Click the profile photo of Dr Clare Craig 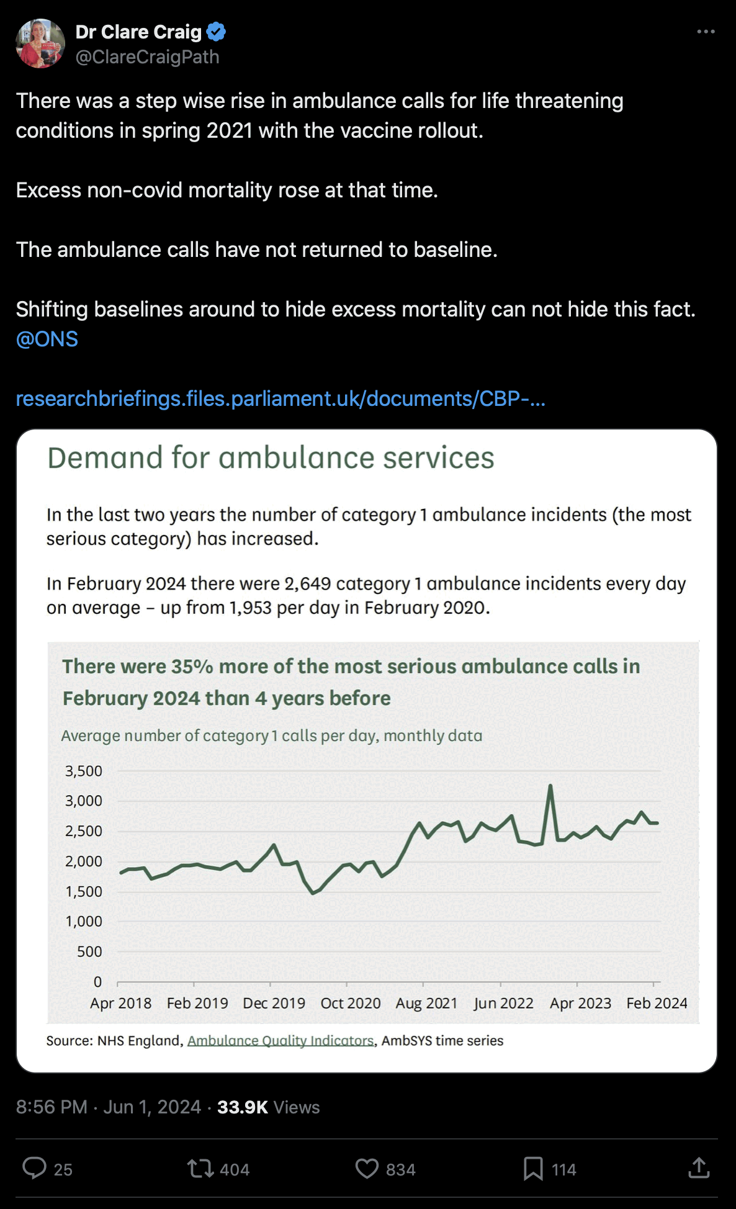pos(40,43)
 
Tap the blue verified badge pos(216,31)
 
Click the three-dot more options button pos(706,32)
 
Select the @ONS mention pos(47,339)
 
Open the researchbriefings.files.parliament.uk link pos(280,398)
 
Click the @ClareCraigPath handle pos(147,57)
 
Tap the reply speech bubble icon pos(34,1168)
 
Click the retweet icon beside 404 pos(200,1169)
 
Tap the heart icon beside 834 pos(366,1169)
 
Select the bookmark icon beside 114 pos(532,1169)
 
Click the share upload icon pos(699,1168)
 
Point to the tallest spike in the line pos(550,786)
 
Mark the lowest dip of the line pos(313,893)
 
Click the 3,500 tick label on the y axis pos(84,771)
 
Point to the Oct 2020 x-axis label pos(350,1003)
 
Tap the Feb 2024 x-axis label pos(657,1003)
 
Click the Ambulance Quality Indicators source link pos(280,1041)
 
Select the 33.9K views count pos(243,1107)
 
